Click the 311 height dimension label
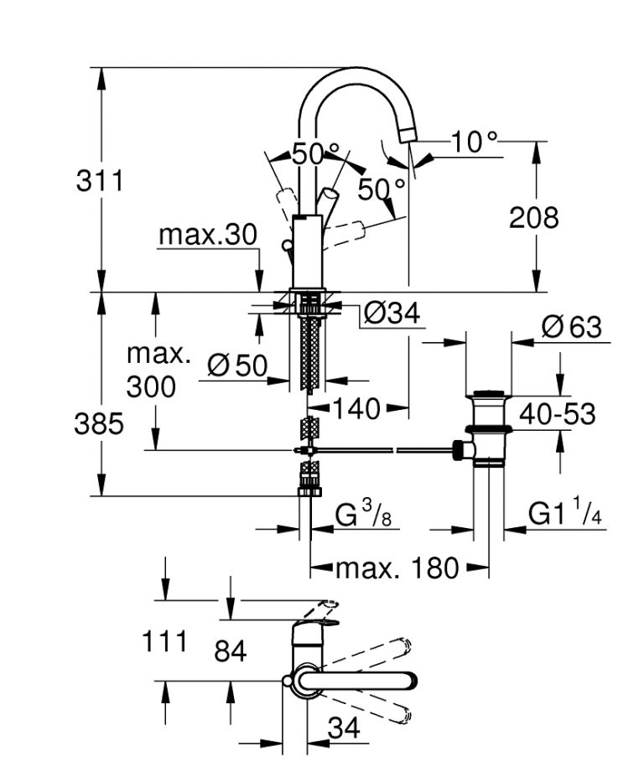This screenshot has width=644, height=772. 100,181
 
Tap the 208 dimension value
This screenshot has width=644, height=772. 533,218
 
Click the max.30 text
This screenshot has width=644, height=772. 208,236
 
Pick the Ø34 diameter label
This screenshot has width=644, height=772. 392,314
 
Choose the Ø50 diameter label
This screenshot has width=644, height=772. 236,365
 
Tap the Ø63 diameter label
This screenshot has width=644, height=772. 572,327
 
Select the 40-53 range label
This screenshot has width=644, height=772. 557,414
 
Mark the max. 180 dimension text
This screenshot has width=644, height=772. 397,569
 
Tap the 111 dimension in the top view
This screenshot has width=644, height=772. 164,642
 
